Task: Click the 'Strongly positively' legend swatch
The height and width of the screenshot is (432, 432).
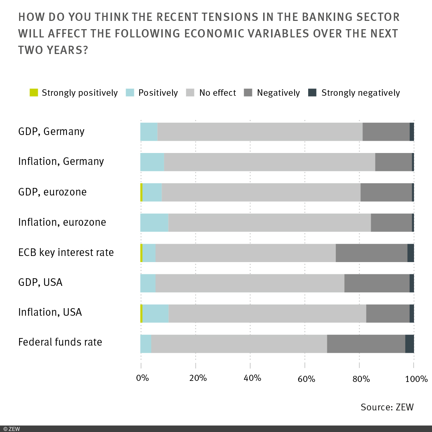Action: tap(34, 93)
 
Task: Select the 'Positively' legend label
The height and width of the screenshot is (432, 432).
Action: tap(158, 93)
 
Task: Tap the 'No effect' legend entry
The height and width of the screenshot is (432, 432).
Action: tap(217, 93)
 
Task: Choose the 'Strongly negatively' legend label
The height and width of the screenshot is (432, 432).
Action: tap(360, 93)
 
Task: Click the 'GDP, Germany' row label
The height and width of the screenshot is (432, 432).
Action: tap(51, 131)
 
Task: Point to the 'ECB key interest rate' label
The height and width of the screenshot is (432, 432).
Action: tap(66, 252)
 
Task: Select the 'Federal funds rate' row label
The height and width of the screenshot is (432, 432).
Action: tap(60, 342)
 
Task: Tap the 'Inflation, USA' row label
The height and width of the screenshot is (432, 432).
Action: tap(50, 312)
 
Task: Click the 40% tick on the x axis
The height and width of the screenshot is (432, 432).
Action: tap(252, 378)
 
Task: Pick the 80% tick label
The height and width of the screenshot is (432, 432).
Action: tap(361, 378)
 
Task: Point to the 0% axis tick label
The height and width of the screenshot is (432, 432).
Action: tap(143, 378)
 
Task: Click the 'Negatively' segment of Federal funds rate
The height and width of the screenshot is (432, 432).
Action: tap(366, 344)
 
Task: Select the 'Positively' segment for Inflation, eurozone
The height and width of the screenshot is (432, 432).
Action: tap(154, 222)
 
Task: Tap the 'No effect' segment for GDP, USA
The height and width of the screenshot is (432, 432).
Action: tap(250, 283)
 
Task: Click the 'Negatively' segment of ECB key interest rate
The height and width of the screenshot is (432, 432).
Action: tap(371, 253)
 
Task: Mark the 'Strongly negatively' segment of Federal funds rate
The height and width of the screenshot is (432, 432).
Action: tap(409, 344)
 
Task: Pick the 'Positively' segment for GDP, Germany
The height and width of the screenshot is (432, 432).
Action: tap(149, 132)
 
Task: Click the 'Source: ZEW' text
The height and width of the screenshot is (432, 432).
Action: tap(387, 407)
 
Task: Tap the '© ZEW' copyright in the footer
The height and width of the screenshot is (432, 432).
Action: tap(12, 429)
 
